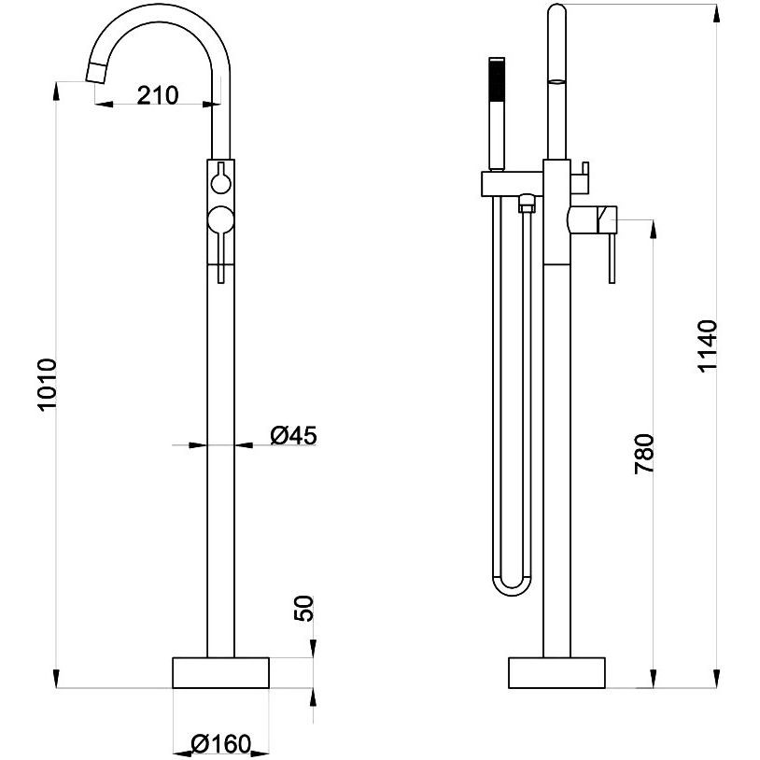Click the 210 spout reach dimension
(x=158, y=95)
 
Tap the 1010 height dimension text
(x=48, y=385)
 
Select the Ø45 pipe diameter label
(x=294, y=435)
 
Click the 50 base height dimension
(x=303, y=609)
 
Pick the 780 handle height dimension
(x=644, y=454)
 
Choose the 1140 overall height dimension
(x=707, y=345)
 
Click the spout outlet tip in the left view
(x=95, y=73)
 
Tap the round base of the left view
(x=220, y=673)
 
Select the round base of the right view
(x=556, y=673)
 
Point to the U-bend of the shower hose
(x=512, y=586)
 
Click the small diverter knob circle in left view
(x=221, y=183)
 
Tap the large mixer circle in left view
(x=221, y=219)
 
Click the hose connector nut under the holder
(x=526, y=204)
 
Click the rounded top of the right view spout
(x=556, y=10)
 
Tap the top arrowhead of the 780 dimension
(x=654, y=229)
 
